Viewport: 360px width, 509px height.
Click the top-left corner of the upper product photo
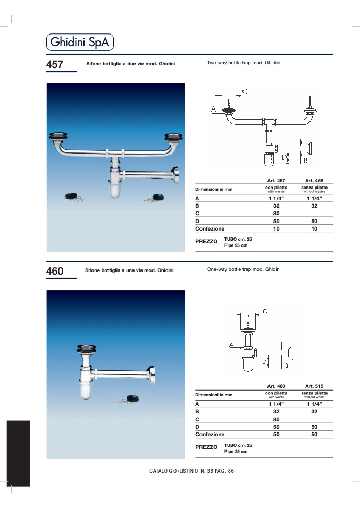47,83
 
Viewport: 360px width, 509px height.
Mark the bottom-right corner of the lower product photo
185,459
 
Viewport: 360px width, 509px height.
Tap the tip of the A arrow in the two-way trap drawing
223,112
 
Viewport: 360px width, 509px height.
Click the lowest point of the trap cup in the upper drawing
269,166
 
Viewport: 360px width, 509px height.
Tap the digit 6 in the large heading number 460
55,271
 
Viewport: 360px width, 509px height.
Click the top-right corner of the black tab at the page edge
30,421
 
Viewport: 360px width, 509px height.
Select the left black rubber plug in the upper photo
71,196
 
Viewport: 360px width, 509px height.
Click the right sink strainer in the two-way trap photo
173,137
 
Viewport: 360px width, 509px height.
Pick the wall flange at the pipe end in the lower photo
150,375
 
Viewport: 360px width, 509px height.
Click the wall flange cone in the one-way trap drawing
290,352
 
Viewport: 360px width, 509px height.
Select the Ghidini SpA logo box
80,42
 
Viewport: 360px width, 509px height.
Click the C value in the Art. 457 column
276,213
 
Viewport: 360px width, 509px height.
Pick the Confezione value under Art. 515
314,434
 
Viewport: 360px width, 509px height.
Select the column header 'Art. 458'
314,181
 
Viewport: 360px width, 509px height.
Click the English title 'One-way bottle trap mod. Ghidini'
244,269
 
